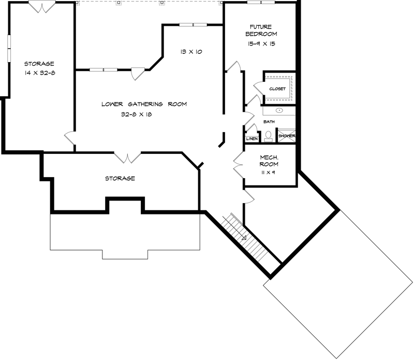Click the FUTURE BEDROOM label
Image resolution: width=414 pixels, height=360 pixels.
click(x=261, y=31)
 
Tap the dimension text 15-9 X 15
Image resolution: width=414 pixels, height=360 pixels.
click(x=261, y=44)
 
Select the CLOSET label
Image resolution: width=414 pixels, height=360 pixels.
click(x=277, y=89)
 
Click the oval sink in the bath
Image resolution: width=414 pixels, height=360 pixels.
click(x=279, y=110)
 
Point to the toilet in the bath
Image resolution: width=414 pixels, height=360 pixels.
click(x=269, y=136)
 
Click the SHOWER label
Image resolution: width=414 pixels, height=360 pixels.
click(x=287, y=136)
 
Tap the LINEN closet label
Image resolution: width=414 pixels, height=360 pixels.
click(x=252, y=139)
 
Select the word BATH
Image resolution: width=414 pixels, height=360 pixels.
click(x=269, y=122)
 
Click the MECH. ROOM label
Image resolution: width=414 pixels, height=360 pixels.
click(x=269, y=160)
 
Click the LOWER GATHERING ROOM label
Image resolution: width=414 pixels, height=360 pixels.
click(x=144, y=104)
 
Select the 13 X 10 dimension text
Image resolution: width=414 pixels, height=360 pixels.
click(x=191, y=52)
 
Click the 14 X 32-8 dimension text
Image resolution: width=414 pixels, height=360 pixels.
click(x=39, y=73)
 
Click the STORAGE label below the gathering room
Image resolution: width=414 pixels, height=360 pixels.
click(x=120, y=178)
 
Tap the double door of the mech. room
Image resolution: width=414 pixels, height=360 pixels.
click(x=239, y=164)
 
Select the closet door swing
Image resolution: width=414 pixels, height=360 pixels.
click(x=258, y=85)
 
